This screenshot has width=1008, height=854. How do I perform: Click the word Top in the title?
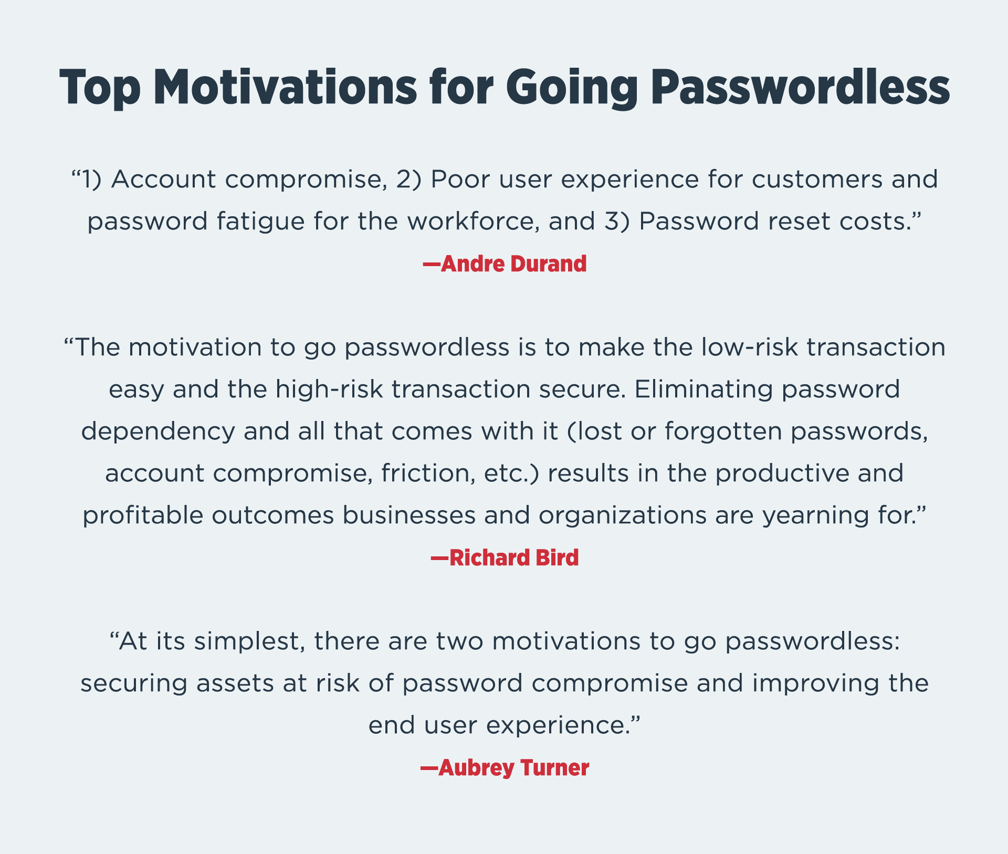tap(100, 88)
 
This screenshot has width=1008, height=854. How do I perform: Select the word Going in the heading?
tap(572, 88)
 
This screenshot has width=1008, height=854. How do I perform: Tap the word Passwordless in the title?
tap(801, 88)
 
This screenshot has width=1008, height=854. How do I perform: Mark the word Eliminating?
tap(704, 389)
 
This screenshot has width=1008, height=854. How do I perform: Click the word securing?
tap(134, 683)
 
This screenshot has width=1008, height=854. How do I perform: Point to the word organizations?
tap(623, 515)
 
